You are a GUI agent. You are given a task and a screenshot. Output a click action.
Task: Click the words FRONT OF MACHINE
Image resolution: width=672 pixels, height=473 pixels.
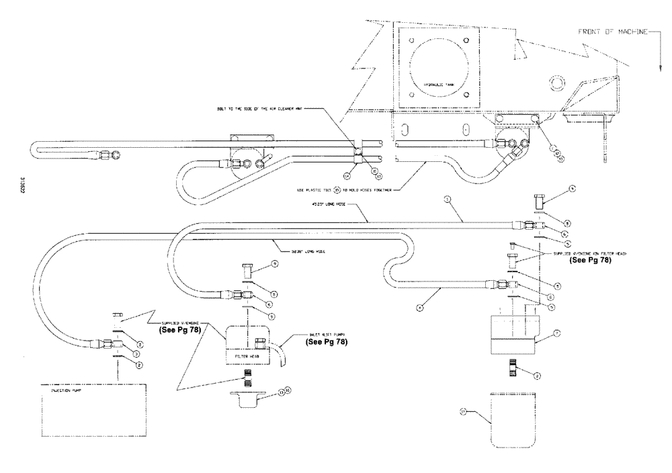[x=612, y=32]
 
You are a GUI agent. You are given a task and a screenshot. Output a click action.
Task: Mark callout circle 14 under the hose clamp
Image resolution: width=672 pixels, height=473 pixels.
[x=345, y=176]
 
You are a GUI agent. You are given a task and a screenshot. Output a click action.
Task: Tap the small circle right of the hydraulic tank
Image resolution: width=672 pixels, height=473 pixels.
[x=555, y=82]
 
